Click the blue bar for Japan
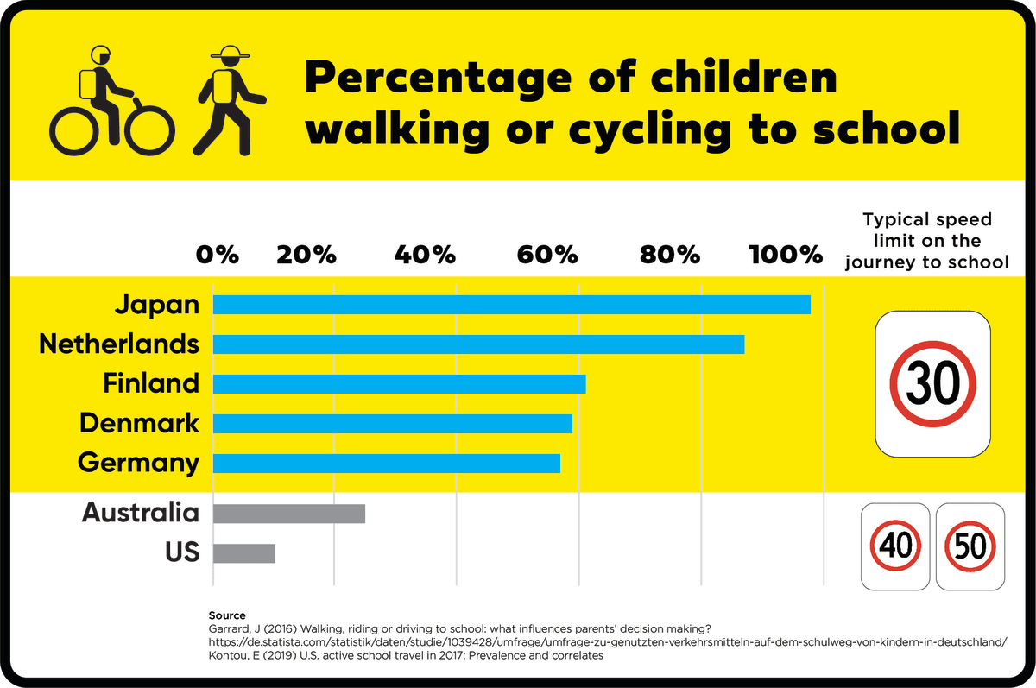(x=511, y=305)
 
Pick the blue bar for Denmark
(x=392, y=424)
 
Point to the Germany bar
(x=386, y=464)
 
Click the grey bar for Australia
(x=288, y=514)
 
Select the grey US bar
(x=243, y=553)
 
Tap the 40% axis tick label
(x=425, y=255)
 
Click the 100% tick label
(x=786, y=255)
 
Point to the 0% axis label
(x=217, y=255)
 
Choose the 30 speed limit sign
(x=932, y=383)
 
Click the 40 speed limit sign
(x=896, y=546)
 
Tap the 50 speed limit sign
(x=970, y=546)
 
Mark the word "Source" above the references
(x=227, y=615)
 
